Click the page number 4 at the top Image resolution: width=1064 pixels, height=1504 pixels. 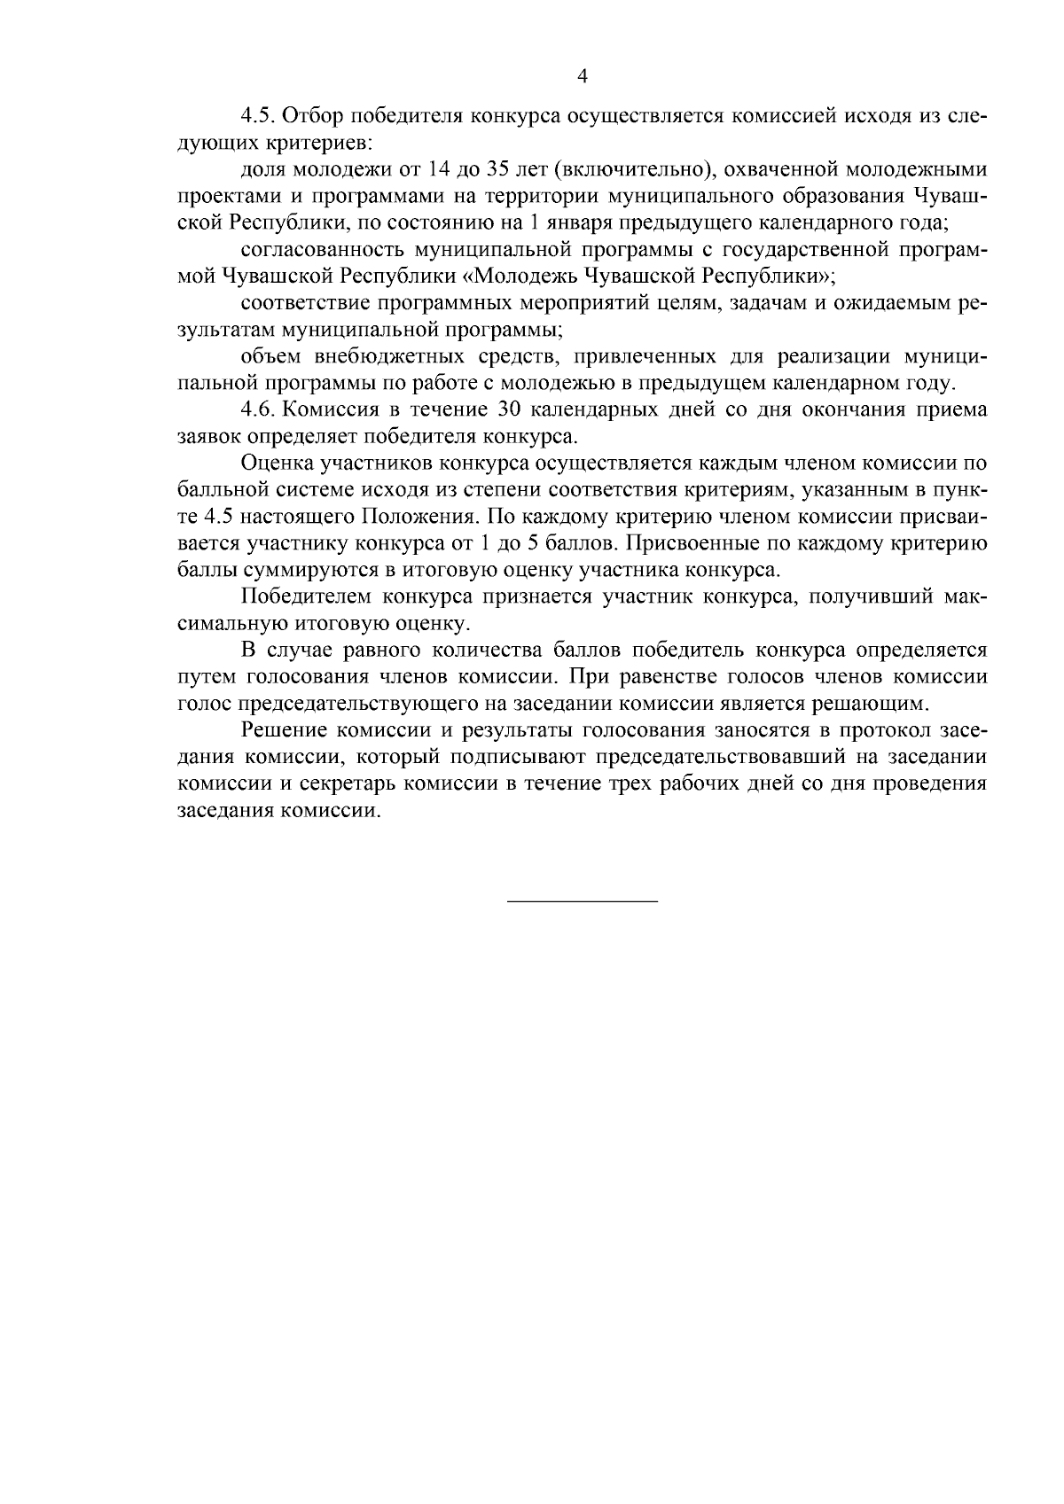(x=583, y=76)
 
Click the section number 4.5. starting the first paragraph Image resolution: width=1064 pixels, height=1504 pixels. (x=260, y=117)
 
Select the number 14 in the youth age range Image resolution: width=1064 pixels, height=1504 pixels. (x=433, y=169)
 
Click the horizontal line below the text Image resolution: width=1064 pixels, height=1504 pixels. (x=583, y=902)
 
